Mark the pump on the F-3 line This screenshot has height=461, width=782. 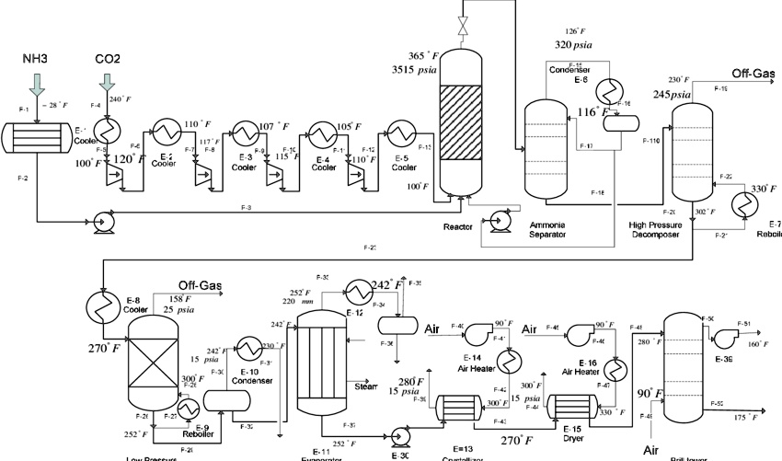pos(95,221)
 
